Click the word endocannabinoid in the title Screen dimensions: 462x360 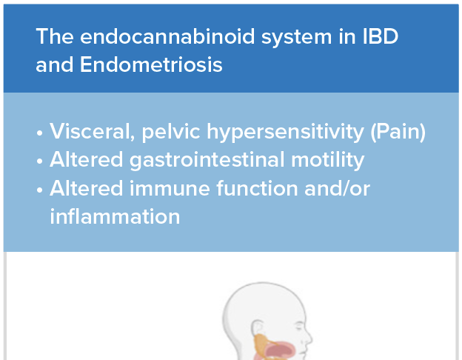pyautogui.click(x=167, y=36)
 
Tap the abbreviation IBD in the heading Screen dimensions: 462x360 pyautogui.click(x=381, y=36)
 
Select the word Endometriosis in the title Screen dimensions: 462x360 pyautogui.click(x=151, y=64)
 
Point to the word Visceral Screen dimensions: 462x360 pyautogui.click(x=93, y=132)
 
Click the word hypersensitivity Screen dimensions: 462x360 pyautogui.click(x=285, y=132)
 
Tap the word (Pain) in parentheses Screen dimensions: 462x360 pyautogui.click(x=398, y=132)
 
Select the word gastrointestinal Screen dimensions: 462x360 pyautogui.click(x=207, y=160)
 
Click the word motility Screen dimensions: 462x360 pyautogui.click(x=328, y=160)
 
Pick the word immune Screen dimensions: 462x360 pyautogui.click(x=170, y=188)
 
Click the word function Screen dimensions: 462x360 pyautogui.click(x=257, y=188)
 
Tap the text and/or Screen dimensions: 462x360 pyautogui.click(x=338, y=188)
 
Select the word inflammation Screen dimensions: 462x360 pyautogui.click(x=115, y=216)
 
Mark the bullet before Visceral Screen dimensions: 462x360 pyautogui.click(x=40, y=133)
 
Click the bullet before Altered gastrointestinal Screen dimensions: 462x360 pyautogui.click(x=40, y=161)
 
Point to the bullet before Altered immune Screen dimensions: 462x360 pyautogui.click(x=40, y=190)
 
